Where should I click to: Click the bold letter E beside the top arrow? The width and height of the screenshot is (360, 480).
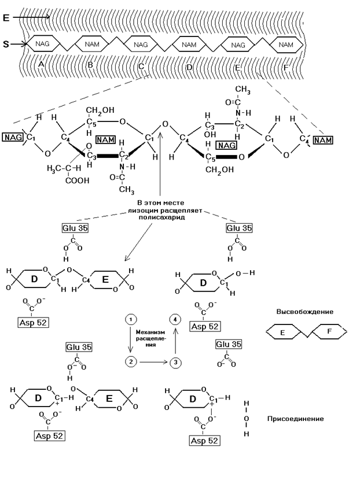click(x=6, y=18)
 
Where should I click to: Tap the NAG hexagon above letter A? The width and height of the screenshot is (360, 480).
click(x=42, y=45)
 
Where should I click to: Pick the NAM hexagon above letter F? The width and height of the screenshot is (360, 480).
click(x=285, y=45)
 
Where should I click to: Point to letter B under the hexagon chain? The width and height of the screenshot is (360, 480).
click(x=90, y=65)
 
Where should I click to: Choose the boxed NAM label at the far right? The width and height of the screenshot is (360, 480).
click(x=323, y=140)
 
